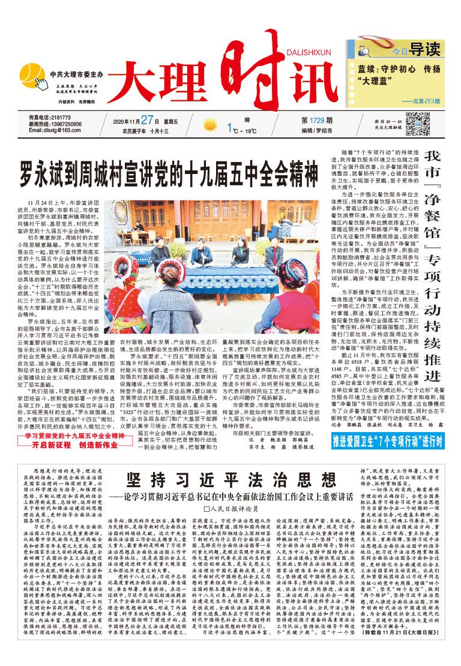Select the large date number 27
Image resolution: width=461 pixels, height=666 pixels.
[146, 119]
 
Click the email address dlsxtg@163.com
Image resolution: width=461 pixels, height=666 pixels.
[55, 130]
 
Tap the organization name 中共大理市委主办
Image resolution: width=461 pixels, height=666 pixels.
[76, 74]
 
